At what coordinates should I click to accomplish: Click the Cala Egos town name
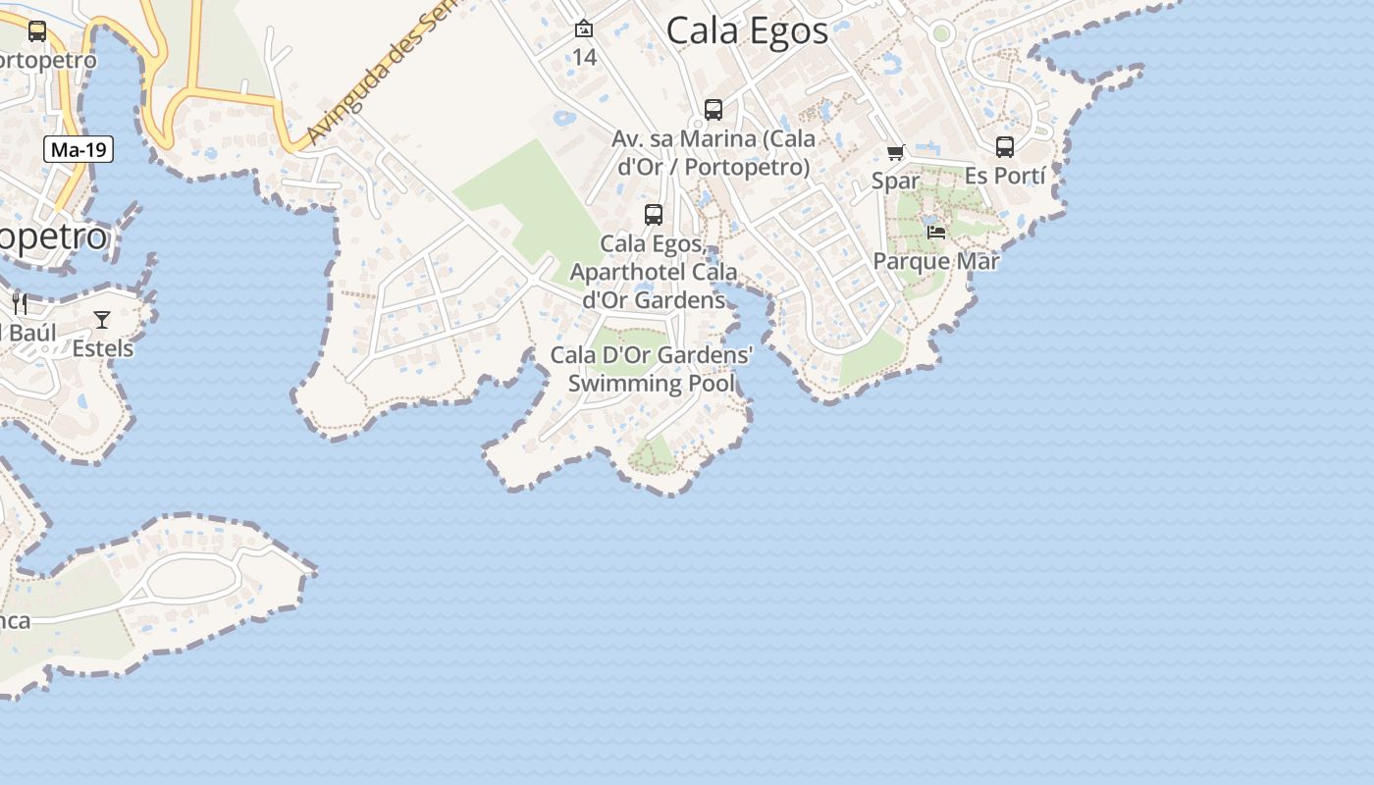tap(747, 30)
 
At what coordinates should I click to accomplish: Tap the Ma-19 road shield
tap(79, 150)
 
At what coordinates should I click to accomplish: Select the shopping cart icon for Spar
tap(895, 153)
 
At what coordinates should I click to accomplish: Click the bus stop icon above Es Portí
tap(1004, 147)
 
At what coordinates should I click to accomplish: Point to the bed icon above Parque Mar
tap(936, 233)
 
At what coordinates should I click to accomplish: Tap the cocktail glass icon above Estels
tap(102, 320)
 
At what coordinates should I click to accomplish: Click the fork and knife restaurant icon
tap(20, 303)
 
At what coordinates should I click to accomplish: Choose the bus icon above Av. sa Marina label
tap(713, 110)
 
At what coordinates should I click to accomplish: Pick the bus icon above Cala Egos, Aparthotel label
tap(654, 215)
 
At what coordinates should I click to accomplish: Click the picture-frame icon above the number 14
tap(584, 29)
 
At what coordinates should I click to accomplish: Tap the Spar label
tap(895, 181)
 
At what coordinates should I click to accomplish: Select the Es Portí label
tap(1004, 176)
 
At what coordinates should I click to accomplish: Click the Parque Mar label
tap(935, 261)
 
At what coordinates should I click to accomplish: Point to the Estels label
tap(102, 348)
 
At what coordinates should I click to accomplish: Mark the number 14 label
tap(584, 57)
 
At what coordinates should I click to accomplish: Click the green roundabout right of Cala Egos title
tap(941, 34)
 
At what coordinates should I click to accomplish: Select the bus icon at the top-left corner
tap(37, 31)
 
